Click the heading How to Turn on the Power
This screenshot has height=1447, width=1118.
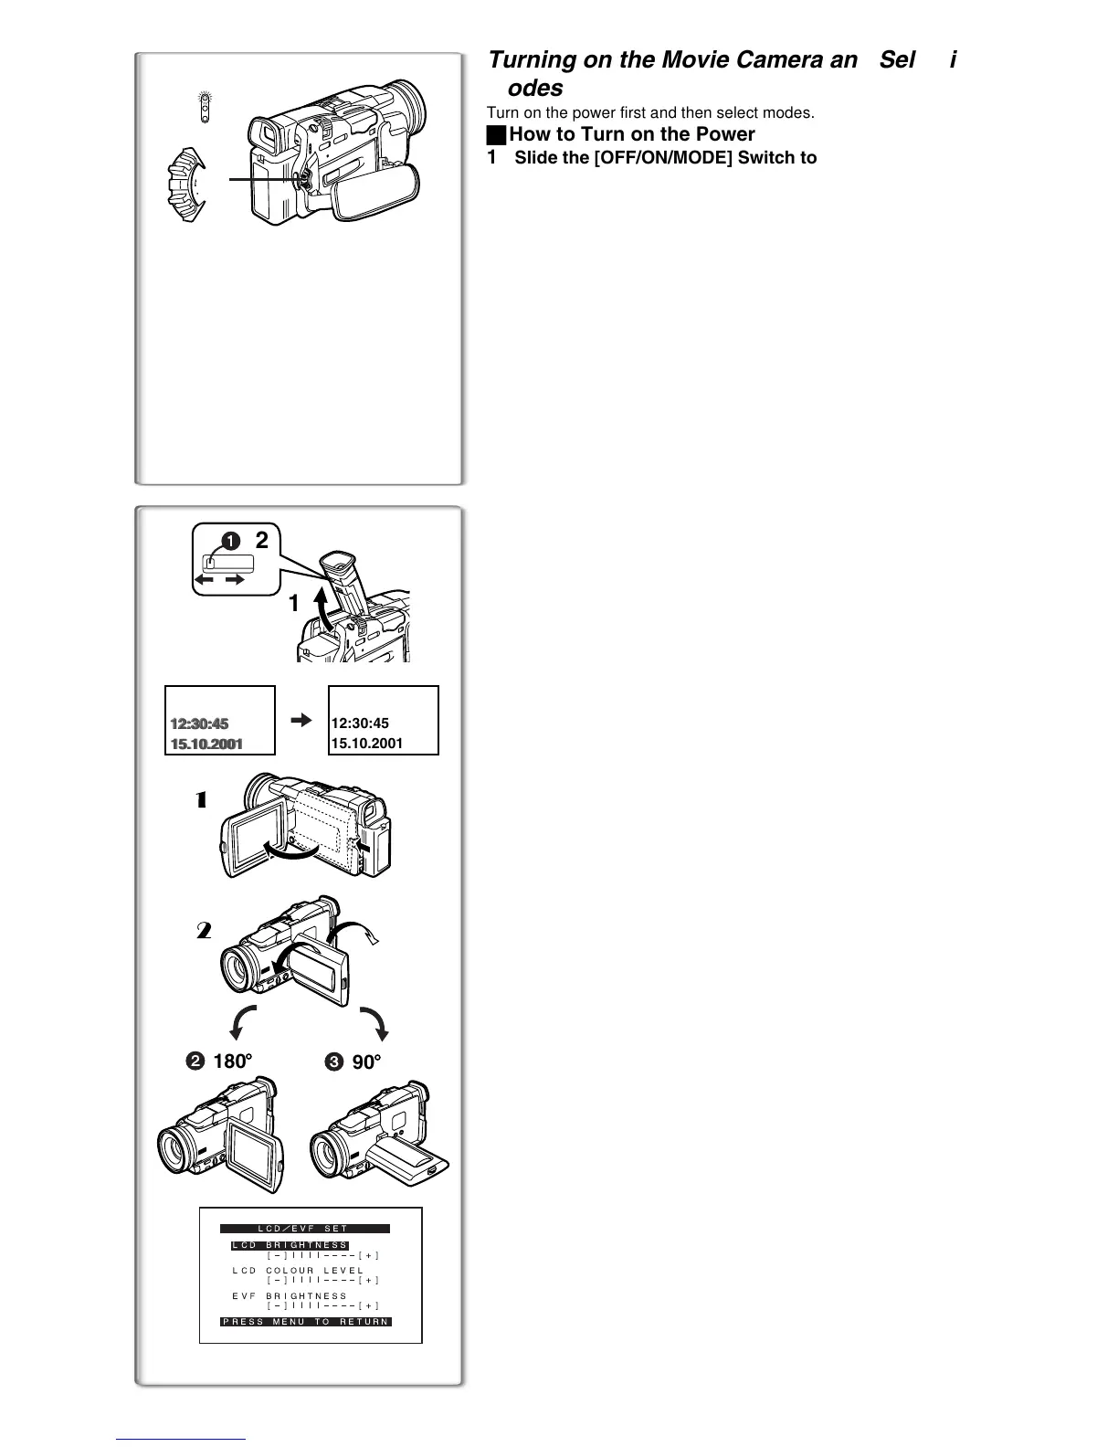[631, 134]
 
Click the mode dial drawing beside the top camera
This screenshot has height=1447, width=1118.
[188, 186]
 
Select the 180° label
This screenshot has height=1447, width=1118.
[231, 1061]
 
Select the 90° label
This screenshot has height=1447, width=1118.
[365, 1062]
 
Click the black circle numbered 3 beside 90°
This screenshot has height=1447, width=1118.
[334, 1062]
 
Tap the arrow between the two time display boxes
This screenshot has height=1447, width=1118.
[301, 721]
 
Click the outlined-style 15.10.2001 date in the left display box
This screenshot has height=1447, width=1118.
[206, 744]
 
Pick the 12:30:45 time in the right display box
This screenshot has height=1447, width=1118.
[360, 723]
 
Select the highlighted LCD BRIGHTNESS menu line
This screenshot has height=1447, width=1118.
[290, 1245]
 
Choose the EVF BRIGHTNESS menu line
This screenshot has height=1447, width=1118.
[290, 1295]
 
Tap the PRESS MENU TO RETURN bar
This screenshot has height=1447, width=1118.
[306, 1321]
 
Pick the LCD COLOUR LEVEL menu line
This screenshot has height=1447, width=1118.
[297, 1270]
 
